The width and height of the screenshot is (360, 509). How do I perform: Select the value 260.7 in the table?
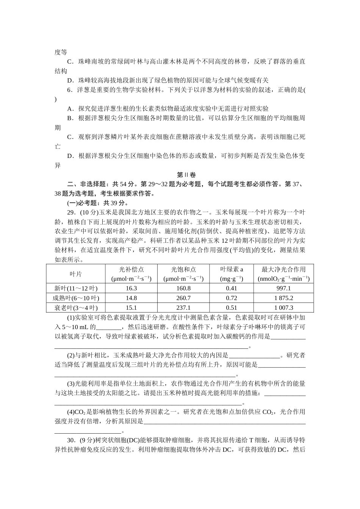click(183, 298)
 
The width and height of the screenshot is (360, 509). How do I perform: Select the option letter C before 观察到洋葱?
click(70, 137)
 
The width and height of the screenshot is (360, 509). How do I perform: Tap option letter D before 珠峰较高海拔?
click(70, 80)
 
